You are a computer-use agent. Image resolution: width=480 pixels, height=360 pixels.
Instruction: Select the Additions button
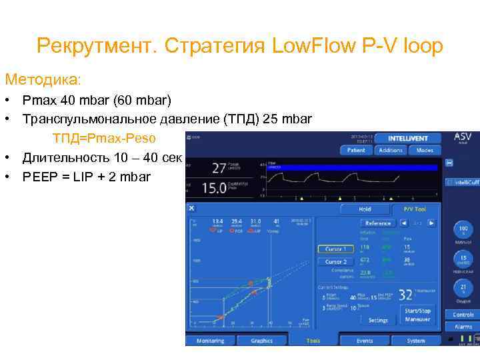391,151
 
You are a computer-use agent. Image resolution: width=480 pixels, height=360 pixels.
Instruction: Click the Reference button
378,223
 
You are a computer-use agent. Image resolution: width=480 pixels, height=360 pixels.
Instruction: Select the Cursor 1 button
335,249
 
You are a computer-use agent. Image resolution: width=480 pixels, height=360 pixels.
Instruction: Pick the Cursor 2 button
335,262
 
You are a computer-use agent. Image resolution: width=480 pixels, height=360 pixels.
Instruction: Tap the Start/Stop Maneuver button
417,315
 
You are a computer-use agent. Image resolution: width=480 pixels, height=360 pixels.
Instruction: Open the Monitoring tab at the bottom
211,341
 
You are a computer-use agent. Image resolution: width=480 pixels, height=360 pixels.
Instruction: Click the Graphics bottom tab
262,341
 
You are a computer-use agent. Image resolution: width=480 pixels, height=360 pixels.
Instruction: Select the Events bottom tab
365,341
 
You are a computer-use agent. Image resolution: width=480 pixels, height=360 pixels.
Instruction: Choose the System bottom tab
416,341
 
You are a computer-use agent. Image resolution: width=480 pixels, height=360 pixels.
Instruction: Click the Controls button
463,314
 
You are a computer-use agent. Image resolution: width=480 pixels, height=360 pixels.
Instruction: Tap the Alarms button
463,327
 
